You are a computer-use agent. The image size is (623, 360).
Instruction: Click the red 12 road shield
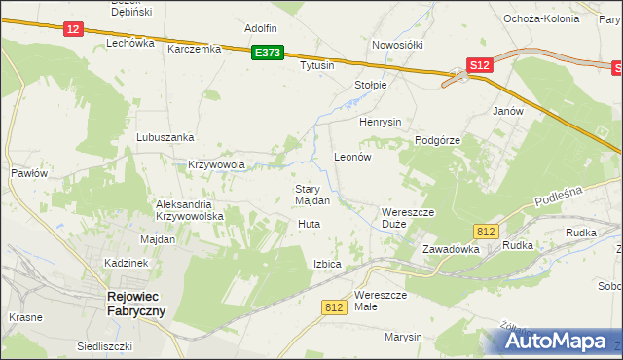(x=73, y=29)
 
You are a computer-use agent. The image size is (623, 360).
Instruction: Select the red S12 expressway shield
(x=477, y=65)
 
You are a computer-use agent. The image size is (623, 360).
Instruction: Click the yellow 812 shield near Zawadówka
(x=488, y=231)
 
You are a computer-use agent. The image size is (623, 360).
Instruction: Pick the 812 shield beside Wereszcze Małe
(x=334, y=306)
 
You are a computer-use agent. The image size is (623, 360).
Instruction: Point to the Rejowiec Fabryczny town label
(x=135, y=304)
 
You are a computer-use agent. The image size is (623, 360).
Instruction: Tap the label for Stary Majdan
(x=312, y=195)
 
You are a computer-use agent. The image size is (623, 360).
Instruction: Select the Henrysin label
(x=381, y=122)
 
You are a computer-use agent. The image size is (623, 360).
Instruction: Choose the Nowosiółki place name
(x=396, y=45)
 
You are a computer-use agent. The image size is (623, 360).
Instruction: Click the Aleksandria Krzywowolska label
(x=191, y=210)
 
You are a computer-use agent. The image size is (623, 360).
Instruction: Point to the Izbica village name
(x=327, y=264)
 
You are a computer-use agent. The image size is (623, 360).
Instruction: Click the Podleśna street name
(x=558, y=197)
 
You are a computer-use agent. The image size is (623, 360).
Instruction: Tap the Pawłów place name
(x=29, y=172)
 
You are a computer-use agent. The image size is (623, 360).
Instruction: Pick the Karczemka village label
(x=195, y=48)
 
